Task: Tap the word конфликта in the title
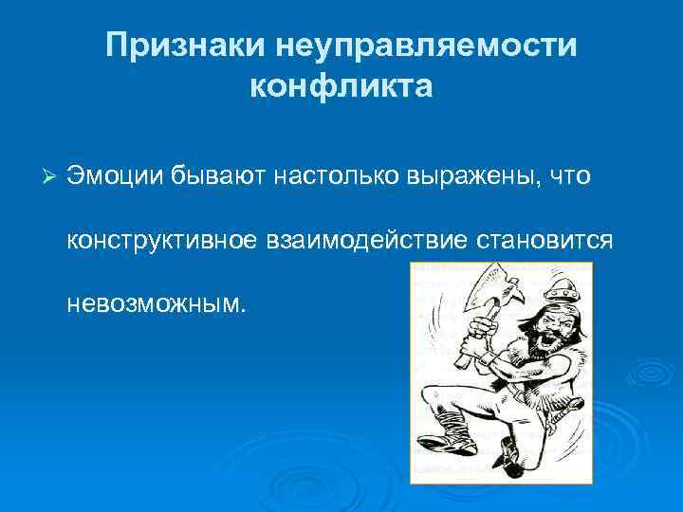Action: pyautogui.click(x=341, y=87)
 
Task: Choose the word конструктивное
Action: pyautogui.click(x=162, y=241)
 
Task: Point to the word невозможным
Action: pyautogui.click(x=155, y=304)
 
